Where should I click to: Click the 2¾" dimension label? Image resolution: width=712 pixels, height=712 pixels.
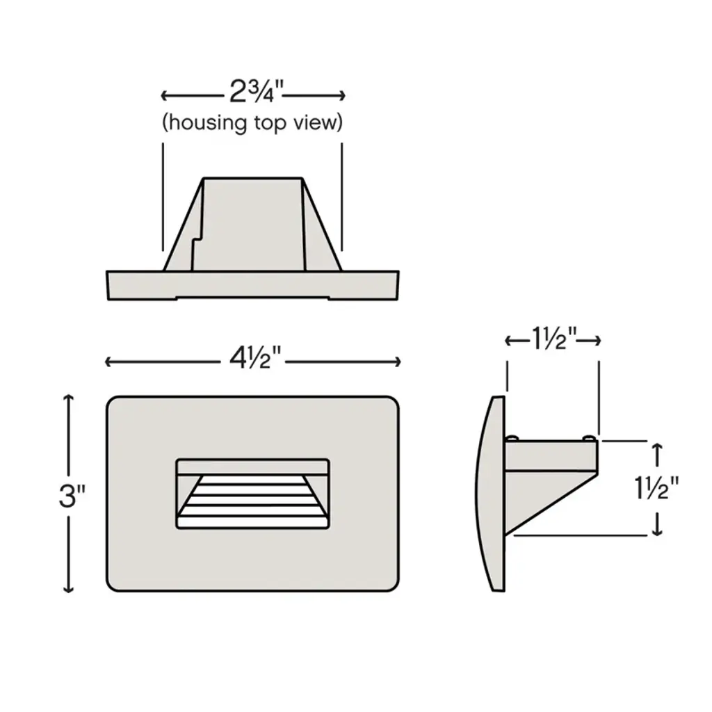[256, 92]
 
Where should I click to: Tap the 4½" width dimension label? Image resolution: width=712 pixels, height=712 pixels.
[255, 359]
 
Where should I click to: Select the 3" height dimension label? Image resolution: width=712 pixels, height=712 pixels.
[72, 496]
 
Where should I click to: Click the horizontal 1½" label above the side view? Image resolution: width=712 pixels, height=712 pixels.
[553, 339]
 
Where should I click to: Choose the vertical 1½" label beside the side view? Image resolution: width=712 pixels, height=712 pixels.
[656, 489]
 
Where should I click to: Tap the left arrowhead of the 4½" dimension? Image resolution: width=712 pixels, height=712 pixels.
[108, 362]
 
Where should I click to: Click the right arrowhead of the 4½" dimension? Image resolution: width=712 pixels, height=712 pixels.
[397, 362]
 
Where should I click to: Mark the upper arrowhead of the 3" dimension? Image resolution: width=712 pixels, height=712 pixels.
[68, 398]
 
